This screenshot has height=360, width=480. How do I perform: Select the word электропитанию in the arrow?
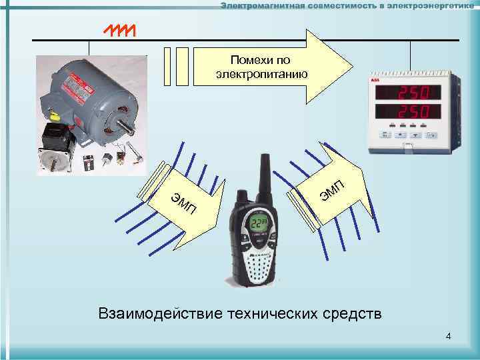click(261, 73)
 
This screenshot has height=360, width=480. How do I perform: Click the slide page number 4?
click(449, 335)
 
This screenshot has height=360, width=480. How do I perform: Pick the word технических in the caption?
click(269, 313)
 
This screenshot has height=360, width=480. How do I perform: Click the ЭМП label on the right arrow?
click(331, 191)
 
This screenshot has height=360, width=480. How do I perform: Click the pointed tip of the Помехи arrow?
click(350, 66)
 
